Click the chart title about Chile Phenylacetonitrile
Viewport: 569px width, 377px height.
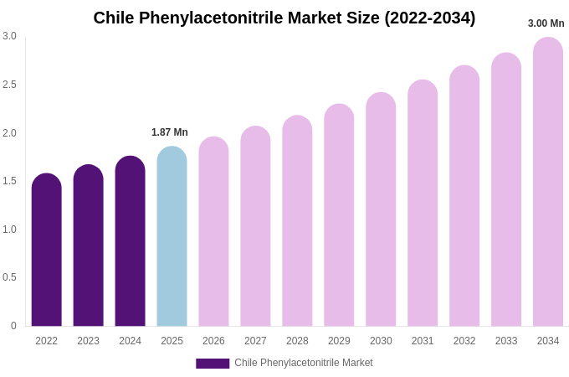click(284, 18)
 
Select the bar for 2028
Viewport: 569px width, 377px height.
click(297, 221)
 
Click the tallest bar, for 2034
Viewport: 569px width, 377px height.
click(548, 182)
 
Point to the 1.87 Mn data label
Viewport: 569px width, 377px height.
click(170, 132)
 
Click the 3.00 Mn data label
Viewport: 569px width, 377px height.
click(546, 23)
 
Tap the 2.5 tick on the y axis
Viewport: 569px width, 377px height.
click(9, 85)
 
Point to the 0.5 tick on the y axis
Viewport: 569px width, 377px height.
click(9, 277)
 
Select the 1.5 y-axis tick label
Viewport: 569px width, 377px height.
click(9, 181)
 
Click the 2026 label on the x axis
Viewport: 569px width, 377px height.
click(213, 341)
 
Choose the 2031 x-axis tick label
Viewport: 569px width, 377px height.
click(423, 341)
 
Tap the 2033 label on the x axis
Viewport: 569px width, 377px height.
click(506, 341)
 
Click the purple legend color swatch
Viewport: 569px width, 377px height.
click(213, 364)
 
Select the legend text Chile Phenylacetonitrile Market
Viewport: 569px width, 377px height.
click(304, 363)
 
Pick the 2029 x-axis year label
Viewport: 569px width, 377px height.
click(339, 341)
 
